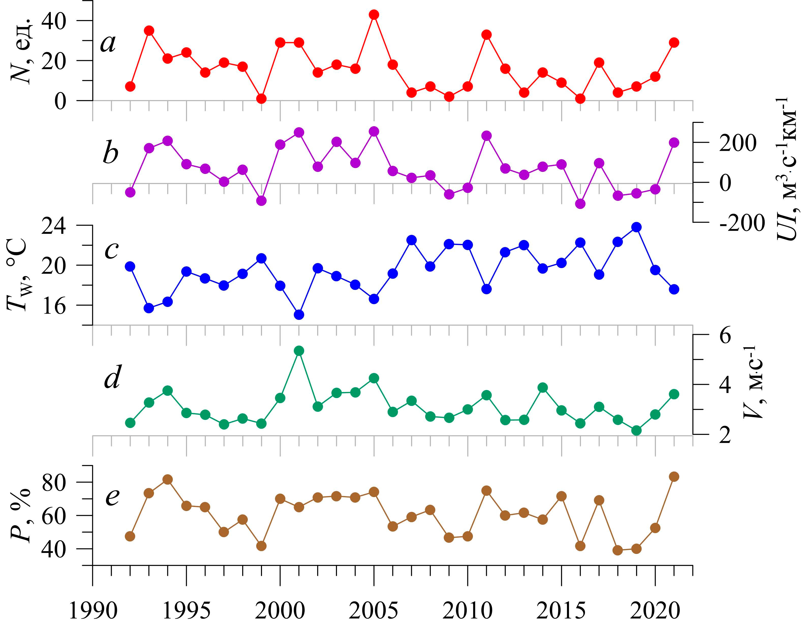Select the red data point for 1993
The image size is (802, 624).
coord(149,30)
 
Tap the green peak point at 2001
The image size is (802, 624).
coord(299,351)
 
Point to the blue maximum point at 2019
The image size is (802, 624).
coord(636,227)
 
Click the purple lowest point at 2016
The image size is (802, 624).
coord(580,204)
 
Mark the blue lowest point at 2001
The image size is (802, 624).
coord(299,315)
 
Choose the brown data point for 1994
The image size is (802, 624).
coord(168,480)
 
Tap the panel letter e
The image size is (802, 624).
coord(112,497)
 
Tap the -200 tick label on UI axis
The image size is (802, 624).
coord(742,223)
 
